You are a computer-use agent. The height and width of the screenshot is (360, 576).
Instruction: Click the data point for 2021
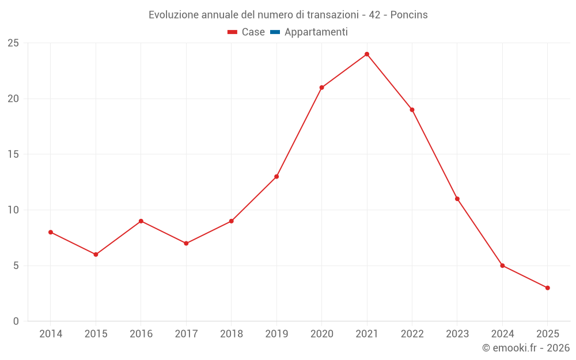pyautogui.click(x=367, y=54)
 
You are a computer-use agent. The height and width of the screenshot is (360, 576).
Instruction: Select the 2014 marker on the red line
pyautogui.click(x=51, y=232)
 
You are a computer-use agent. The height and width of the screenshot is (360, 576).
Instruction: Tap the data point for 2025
pyautogui.click(x=548, y=288)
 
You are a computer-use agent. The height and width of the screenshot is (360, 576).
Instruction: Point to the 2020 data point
pyautogui.click(x=321, y=88)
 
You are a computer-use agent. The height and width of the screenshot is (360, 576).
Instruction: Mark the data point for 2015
pyautogui.click(x=96, y=255)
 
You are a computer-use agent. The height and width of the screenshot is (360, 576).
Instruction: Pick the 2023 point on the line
pyautogui.click(x=457, y=199)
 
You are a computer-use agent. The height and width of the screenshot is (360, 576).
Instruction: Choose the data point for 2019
pyautogui.click(x=276, y=177)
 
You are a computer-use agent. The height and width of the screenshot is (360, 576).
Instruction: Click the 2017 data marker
pyautogui.click(x=186, y=244)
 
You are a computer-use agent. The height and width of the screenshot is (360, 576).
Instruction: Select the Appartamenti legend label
pyautogui.click(x=316, y=32)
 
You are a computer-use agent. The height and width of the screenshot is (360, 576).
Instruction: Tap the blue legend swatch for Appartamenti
pyautogui.click(x=275, y=32)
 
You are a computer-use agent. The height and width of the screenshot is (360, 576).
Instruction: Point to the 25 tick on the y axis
pyautogui.click(x=13, y=43)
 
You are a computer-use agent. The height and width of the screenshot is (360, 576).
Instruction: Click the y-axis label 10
pyautogui.click(x=13, y=210)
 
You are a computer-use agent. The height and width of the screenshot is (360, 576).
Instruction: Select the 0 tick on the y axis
pyautogui.click(x=16, y=321)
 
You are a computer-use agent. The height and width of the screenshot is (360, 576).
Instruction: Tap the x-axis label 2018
pyautogui.click(x=231, y=334)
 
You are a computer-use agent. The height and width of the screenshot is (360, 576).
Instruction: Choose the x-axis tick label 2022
pyautogui.click(x=412, y=334)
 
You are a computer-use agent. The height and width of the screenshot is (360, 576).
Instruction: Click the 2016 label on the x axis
pyautogui.click(x=141, y=334)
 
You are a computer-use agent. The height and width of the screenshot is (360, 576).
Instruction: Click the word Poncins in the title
pyautogui.click(x=409, y=15)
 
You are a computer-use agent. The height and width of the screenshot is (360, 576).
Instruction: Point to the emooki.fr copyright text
pyautogui.click(x=526, y=348)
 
